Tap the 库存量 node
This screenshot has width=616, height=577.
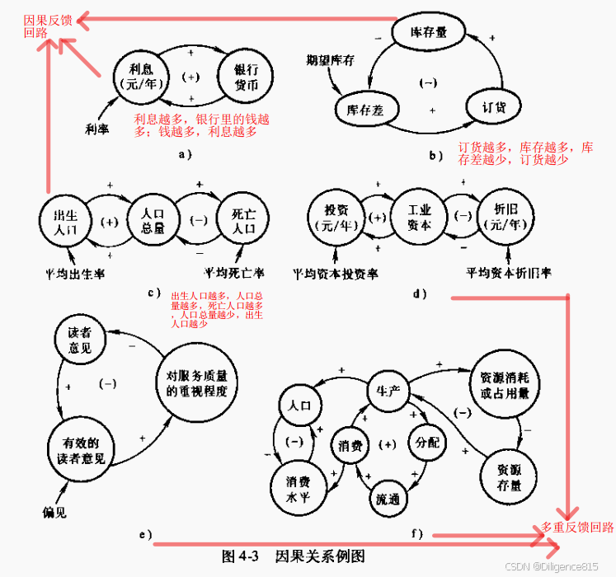(429, 33)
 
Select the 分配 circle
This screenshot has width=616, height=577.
(429, 442)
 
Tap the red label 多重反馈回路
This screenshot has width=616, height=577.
(577, 528)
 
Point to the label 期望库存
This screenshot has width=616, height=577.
(329, 60)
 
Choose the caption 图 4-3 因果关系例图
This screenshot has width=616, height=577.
(293, 556)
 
